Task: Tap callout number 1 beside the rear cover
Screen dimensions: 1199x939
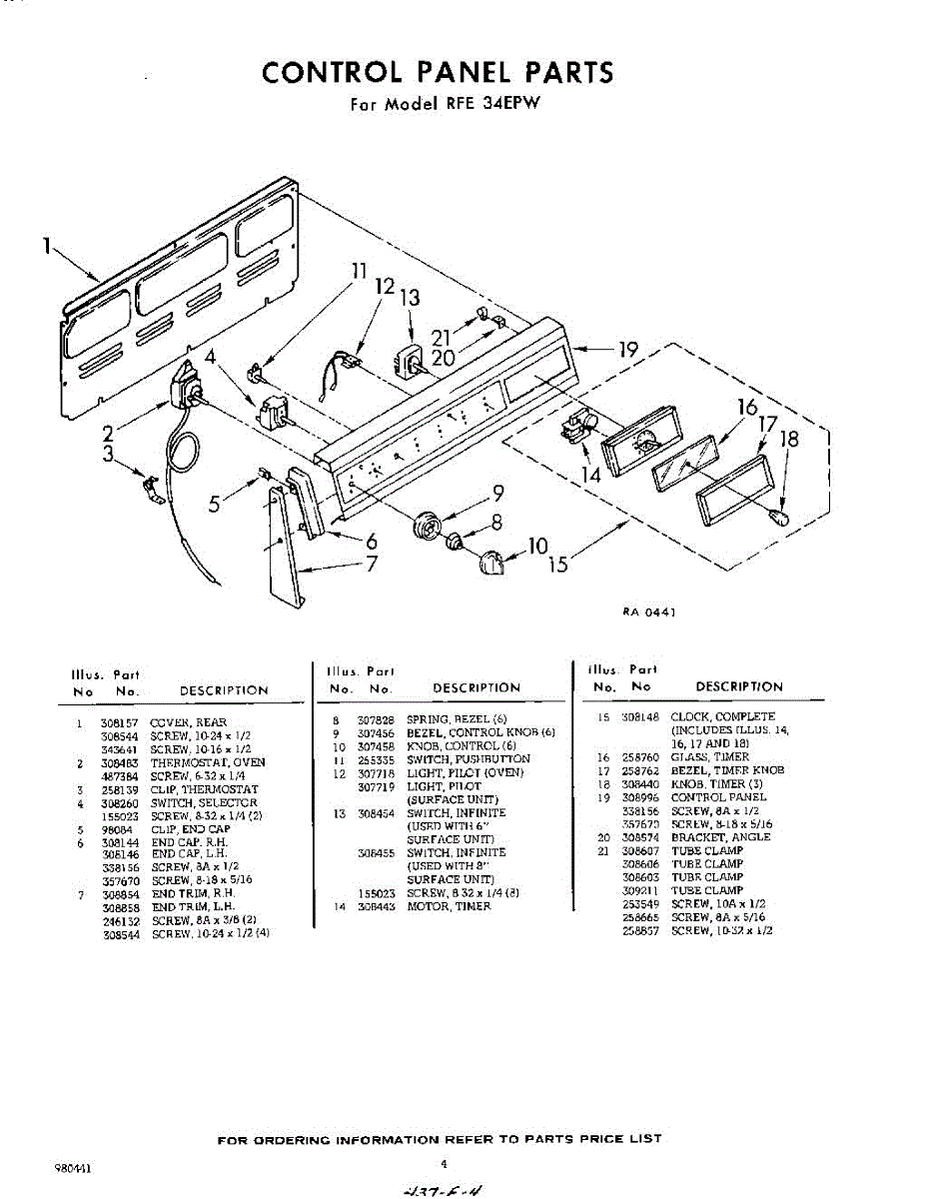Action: point(47,246)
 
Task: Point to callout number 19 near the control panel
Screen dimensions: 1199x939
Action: point(626,350)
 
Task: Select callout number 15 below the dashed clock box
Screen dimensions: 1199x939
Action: point(558,565)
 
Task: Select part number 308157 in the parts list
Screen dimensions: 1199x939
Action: point(121,722)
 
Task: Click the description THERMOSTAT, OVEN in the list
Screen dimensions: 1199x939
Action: point(208,763)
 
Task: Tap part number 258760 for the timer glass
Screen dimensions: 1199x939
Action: point(639,757)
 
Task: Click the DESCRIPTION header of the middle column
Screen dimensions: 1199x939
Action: point(476,687)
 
